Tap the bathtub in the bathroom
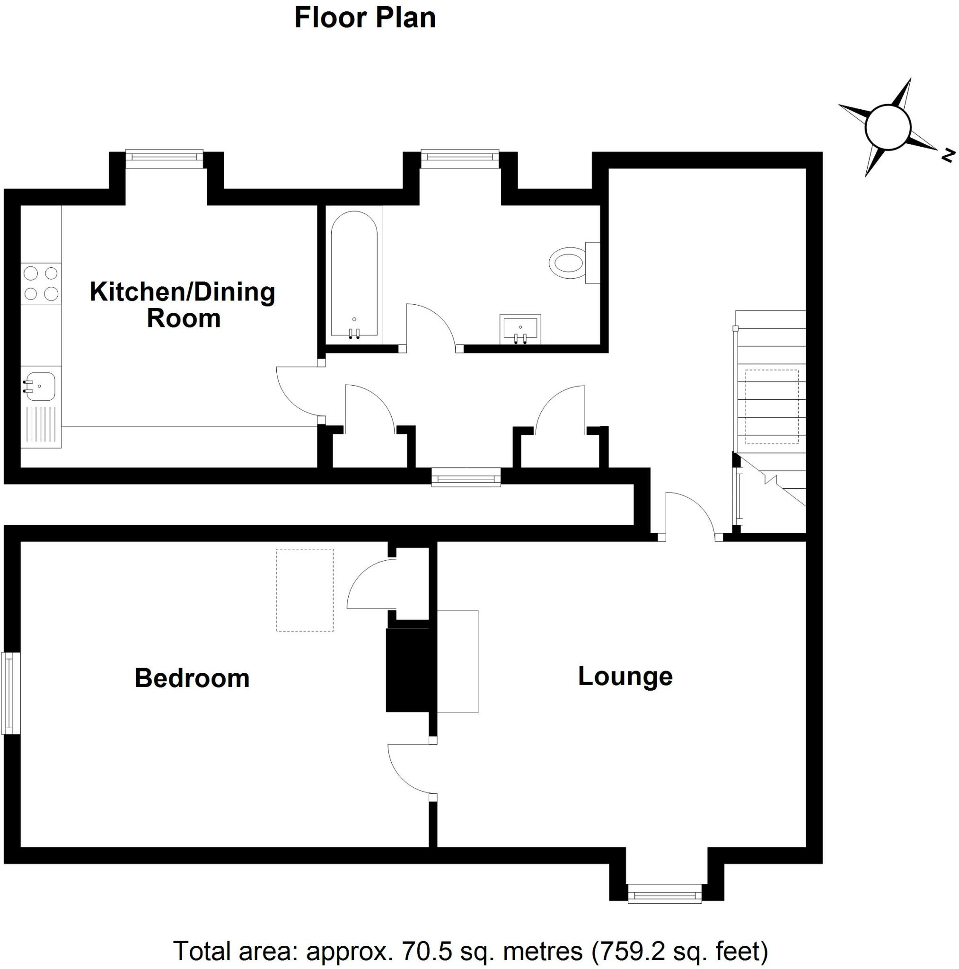click(354, 273)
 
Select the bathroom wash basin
click(520, 328)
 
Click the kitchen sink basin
click(40, 386)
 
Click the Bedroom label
click(192, 678)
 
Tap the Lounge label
click(625, 676)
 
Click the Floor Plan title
click(365, 18)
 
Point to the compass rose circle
click(887, 127)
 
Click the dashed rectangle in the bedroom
click(305, 590)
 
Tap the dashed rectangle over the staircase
click(772, 407)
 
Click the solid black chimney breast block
click(407, 669)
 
